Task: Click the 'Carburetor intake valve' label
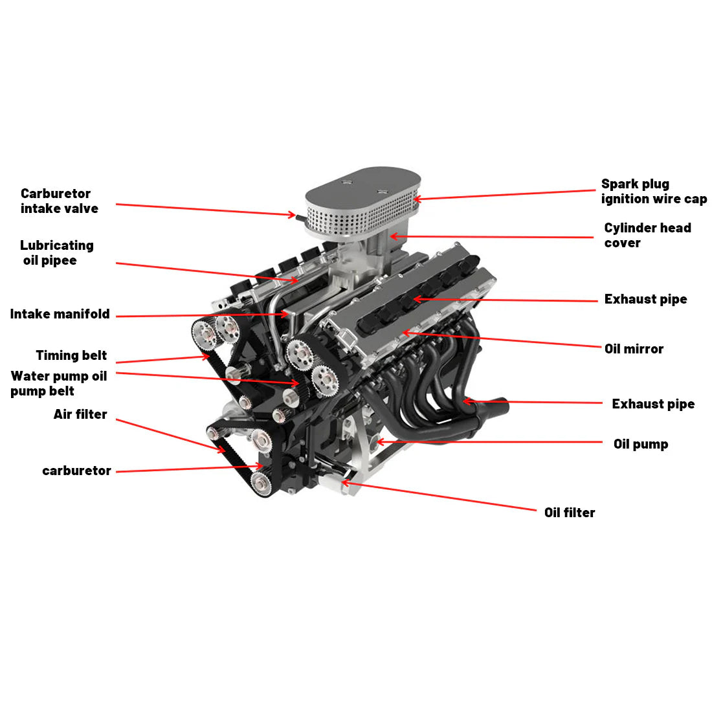coord(59,201)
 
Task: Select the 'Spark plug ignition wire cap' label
coord(653,192)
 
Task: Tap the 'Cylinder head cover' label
coord(647,236)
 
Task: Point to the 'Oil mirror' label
coord(634,349)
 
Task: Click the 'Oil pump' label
coord(640,444)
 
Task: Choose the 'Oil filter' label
coord(569,513)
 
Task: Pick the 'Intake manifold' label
coord(60,315)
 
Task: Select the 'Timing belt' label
coord(71,355)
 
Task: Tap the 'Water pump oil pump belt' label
coord(58,383)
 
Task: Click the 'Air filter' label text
coord(80,414)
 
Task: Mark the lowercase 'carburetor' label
coord(76,471)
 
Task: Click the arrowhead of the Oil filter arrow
coord(344,482)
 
